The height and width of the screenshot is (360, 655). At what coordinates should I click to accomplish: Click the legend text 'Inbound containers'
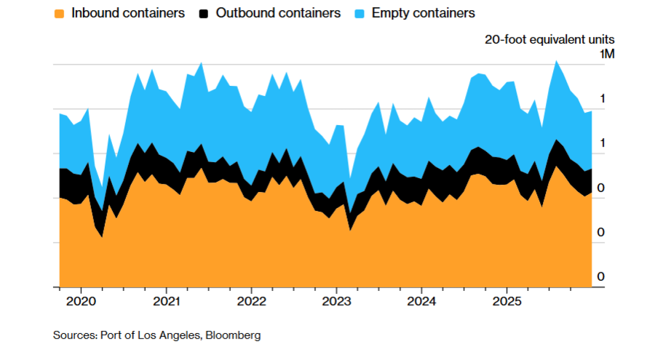click(x=127, y=13)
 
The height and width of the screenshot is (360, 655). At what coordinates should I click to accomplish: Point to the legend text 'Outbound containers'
click(x=278, y=13)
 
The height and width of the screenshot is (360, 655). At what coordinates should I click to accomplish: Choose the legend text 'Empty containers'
click(x=423, y=13)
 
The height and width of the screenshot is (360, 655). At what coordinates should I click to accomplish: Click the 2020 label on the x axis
click(x=81, y=301)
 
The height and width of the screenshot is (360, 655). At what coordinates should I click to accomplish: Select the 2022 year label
click(x=251, y=301)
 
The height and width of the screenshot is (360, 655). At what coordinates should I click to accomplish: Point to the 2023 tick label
click(x=336, y=301)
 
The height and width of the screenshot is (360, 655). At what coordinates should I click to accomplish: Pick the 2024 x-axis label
click(x=421, y=301)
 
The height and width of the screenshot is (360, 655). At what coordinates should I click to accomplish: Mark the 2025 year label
click(x=507, y=301)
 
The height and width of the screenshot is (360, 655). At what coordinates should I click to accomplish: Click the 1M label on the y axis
click(x=607, y=55)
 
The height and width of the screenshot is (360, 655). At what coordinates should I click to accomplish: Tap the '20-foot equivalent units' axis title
click(x=549, y=39)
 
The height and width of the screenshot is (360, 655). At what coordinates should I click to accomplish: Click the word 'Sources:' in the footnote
click(x=74, y=335)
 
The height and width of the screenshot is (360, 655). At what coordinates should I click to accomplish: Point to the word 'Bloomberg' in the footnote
click(x=233, y=335)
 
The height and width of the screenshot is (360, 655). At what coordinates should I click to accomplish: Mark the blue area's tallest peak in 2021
click(x=201, y=63)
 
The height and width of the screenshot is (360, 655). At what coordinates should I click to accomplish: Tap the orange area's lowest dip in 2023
click(x=350, y=230)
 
